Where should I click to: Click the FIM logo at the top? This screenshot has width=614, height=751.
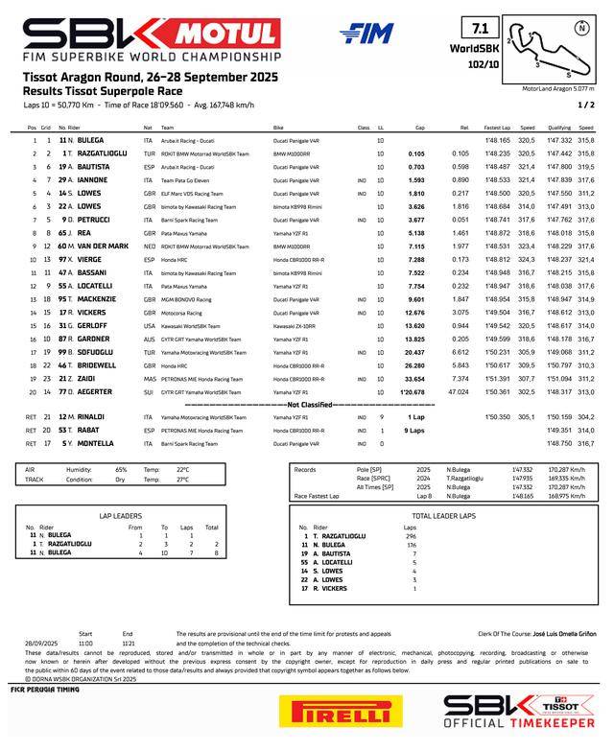pyautogui.click(x=366, y=34)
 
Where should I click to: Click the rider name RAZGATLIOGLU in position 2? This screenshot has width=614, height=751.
pyautogui.click(x=97, y=153)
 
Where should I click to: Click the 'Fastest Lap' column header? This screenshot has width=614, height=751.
pyautogui.click(x=497, y=128)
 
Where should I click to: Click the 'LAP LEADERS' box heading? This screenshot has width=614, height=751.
pyautogui.click(x=120, y=515)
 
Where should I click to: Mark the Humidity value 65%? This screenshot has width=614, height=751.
pyautogui.click(x=121, y=469)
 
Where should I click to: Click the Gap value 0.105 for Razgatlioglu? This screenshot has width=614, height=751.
pyautogui.click(x=415, y=153)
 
